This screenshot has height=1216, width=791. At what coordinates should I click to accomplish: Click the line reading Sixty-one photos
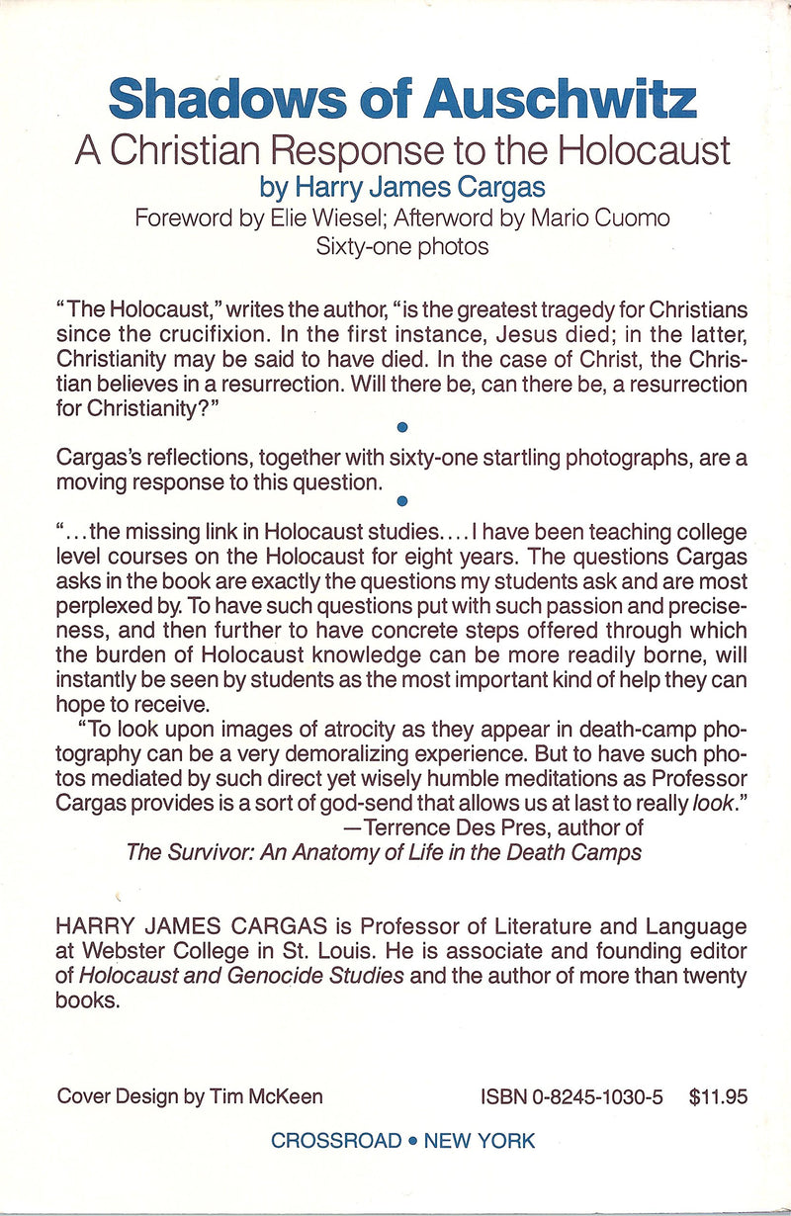click(x=402, y=246)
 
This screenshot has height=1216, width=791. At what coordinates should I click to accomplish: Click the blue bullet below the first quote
click(x=401, y=427)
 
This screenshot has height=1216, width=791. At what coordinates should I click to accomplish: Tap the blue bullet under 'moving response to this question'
click(x=401, y=500)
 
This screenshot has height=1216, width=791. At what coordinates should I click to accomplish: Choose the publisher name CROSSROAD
click(x=336, y=1141)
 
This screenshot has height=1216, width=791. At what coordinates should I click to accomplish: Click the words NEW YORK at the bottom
click(x=480, y=1141)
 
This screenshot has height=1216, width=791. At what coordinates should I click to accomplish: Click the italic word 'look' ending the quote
click(x=716, y=803)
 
